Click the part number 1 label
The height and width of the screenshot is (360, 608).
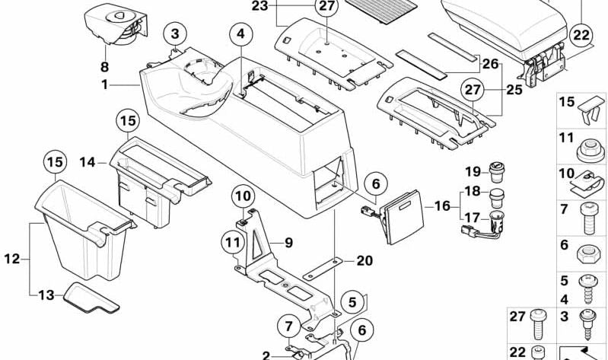click(x=104, y=84)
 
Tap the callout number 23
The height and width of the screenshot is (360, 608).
click(x=260, y=7)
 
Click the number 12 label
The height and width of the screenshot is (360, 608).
click(x=11, y=259)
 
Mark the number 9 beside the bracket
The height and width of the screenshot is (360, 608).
click(x=289, y=244)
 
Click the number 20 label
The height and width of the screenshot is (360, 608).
click(x=364, y=260)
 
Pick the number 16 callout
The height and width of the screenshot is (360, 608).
click(x=442, y=205)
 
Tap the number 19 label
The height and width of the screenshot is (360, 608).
click(x=470, y=170)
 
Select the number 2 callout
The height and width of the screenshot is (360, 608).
click(x=266, y=355)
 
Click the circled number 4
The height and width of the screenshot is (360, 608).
click(x=240, y=34)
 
